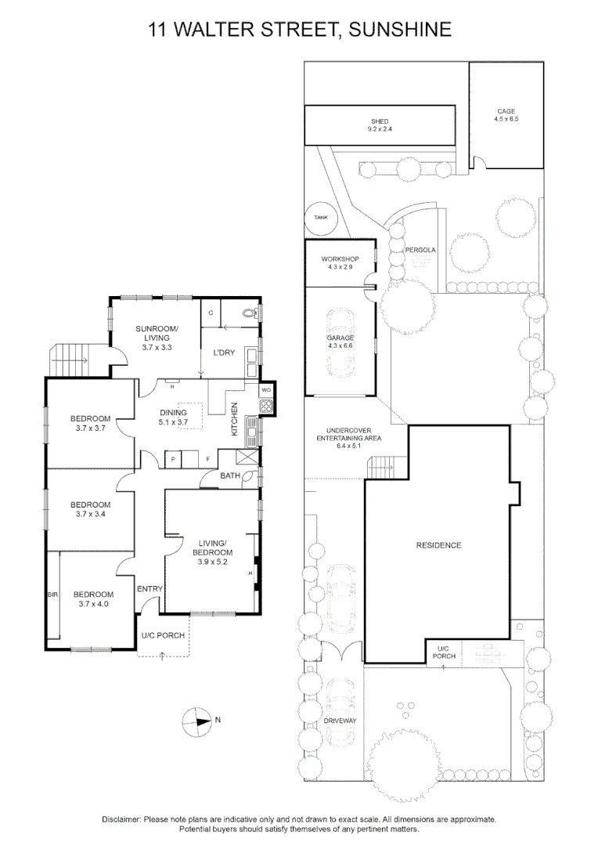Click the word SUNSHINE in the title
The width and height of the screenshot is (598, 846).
click(400, 30)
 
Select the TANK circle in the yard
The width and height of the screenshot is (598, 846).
click(321, 219)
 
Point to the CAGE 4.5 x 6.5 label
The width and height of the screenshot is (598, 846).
click(506, 115)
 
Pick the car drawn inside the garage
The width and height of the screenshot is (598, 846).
click(340, 345)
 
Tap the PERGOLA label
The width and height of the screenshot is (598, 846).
click(420, 250)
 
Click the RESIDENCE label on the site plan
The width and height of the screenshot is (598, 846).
click(438, 545)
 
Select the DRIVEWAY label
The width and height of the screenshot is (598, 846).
click(340, 721)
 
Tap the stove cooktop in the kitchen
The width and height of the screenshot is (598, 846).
click(265, 406)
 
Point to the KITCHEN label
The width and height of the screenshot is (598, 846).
click(233, 419)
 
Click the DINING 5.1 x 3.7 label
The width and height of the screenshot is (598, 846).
click(173, 418)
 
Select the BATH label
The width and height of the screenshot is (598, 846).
click(230, 475)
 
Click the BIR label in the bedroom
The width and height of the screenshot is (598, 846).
click(52, 595)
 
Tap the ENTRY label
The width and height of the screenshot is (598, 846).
click(149, 589)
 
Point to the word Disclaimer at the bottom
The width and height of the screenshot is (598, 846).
click(121, 819)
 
